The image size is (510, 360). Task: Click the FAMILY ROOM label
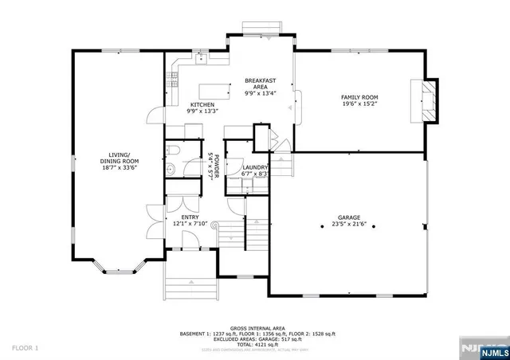[359, 96]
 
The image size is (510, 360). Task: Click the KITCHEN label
[202, 105]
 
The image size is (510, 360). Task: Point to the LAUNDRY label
[245, 167]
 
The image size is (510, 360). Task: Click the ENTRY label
[190, 217]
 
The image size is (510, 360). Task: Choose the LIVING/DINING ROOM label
[124, 158]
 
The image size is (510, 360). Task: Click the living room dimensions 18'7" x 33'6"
[124, 168]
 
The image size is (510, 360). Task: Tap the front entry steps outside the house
[190, 276]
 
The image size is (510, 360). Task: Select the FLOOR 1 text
[25, 349]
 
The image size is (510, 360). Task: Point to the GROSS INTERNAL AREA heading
[254, 327]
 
